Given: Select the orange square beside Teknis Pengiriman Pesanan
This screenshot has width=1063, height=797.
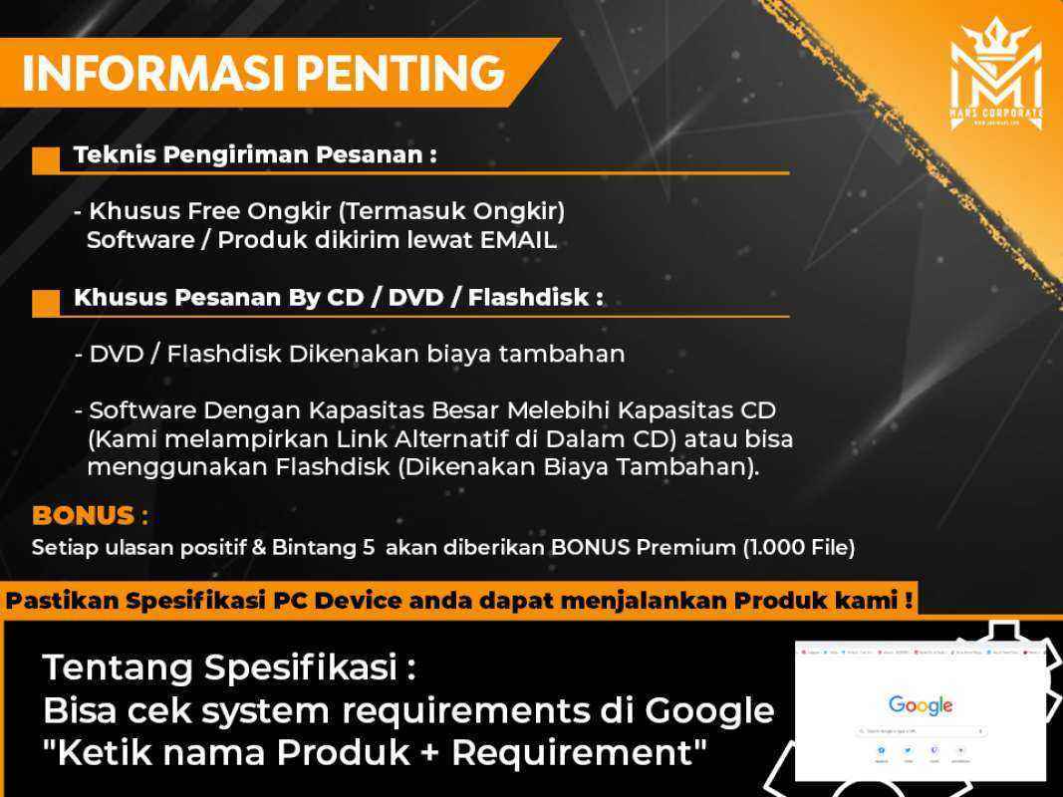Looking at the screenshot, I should coord(46,160).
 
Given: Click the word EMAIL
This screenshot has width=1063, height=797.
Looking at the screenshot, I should coord(518,240).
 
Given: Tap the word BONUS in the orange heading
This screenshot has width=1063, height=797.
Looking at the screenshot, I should coord(83,516).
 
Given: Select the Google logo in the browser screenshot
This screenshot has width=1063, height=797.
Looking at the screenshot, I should coord(920,705).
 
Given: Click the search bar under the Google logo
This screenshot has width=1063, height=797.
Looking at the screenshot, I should coord(920,731).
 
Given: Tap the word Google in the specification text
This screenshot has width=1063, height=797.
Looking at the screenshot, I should coord(709,710).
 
